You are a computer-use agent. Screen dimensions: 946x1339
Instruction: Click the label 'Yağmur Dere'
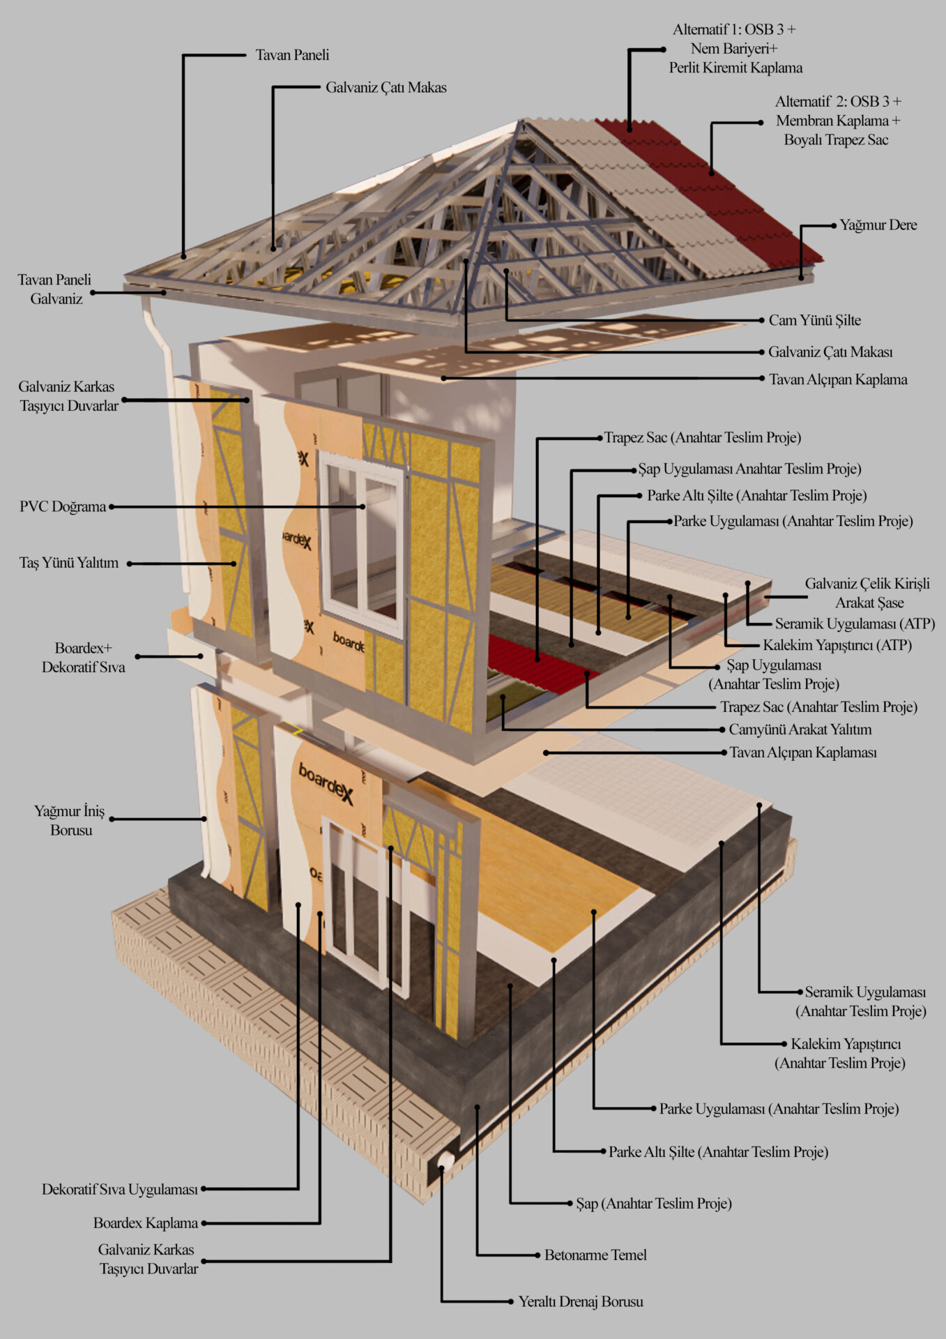pyautogui.click(x=878, y=225)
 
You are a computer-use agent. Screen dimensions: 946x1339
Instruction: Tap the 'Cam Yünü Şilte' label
pyautogui.click(x=814, y=321)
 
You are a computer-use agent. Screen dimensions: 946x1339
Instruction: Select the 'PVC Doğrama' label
pyautogui.click(x=63, y=507)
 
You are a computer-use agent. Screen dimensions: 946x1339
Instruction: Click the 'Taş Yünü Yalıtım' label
pyautogui.click(x=69, y=563)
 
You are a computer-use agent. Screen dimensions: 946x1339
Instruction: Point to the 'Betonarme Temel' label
pyautogui.click(x=595, y=1255)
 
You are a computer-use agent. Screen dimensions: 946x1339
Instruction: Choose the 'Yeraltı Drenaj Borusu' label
pyautogui.click(x=581, y=1301)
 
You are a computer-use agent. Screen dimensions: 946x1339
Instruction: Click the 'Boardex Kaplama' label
pyautogui.click(x=146, y=1223)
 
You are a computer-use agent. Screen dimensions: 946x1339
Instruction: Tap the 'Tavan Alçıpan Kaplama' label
pyautogui.click(x=838, y=380)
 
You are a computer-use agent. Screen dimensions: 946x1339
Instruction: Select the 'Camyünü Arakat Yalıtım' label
pyautogui.click(x=800, y=730)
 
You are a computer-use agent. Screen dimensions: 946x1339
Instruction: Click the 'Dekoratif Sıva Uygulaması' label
pyautogui.click(x=120, y=1190)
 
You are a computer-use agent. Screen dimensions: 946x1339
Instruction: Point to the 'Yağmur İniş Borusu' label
pyautogui.click(x=70, y=820)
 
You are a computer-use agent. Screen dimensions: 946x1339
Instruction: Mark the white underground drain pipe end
pyautogui.click(x=444, y=1160)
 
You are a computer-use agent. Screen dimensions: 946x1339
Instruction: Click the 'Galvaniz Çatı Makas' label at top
pyautogui.click(x=386, y=88)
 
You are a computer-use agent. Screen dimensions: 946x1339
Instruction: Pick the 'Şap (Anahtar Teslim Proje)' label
pyautogui.click(x=654, y=1204)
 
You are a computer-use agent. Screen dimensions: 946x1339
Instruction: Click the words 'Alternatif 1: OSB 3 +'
pyautogui.click(x=734, y=30)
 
